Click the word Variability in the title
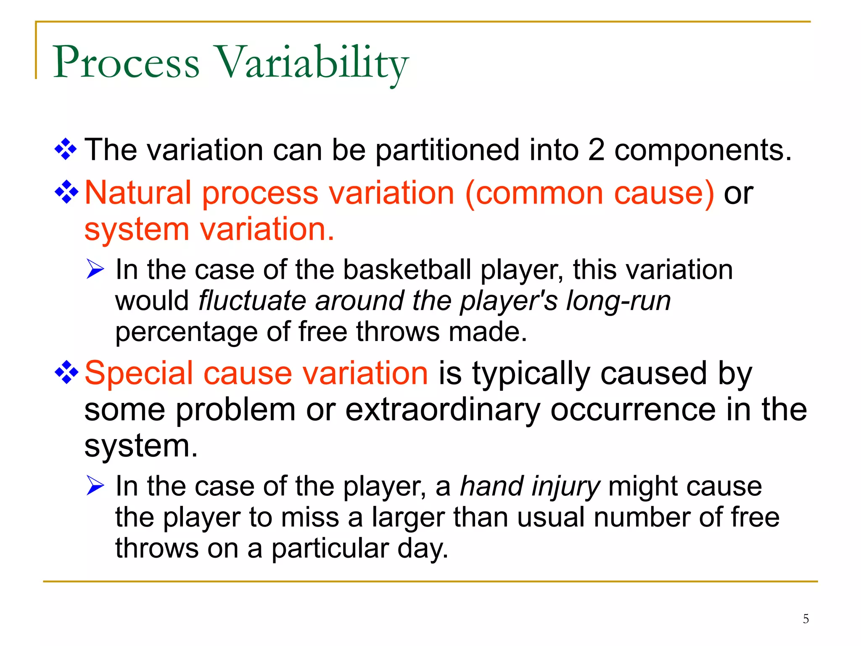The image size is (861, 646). click(x=311, y=63)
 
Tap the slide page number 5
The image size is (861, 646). click(x=806, y=619)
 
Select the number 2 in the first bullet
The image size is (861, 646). click(x=596, y=150)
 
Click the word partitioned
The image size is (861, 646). click(x=447, y=151)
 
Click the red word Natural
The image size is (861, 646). click(x=138, y=193)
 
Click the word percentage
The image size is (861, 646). click(x=186, y=332)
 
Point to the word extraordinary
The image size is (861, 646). click(x=442, y=410)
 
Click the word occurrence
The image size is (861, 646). click(x=633, y=410)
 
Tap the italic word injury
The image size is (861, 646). click(x=565, y=487)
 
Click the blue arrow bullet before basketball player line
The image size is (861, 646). click(x=95, y=269)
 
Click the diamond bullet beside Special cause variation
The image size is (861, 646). click(x=66, y=372)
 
